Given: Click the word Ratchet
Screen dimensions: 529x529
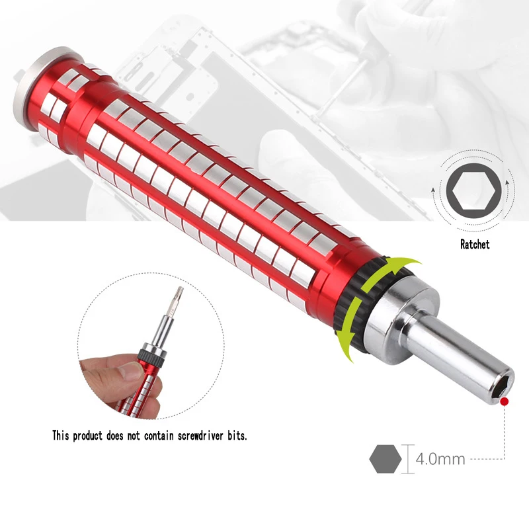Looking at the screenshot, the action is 474,244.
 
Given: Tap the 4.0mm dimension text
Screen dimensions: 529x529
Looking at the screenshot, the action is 440,459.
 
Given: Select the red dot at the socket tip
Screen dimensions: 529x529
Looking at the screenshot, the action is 505,401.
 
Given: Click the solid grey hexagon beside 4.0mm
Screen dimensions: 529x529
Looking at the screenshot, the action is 386,459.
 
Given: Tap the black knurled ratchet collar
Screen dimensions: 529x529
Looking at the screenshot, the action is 354,304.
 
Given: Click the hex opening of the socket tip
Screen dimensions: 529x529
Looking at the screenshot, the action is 500,389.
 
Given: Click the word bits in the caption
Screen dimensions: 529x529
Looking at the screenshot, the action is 237,436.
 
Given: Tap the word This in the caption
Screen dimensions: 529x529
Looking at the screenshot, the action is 60,436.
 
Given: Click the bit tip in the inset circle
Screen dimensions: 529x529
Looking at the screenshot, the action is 179,292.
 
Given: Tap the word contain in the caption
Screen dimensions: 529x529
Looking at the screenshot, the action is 159,436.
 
